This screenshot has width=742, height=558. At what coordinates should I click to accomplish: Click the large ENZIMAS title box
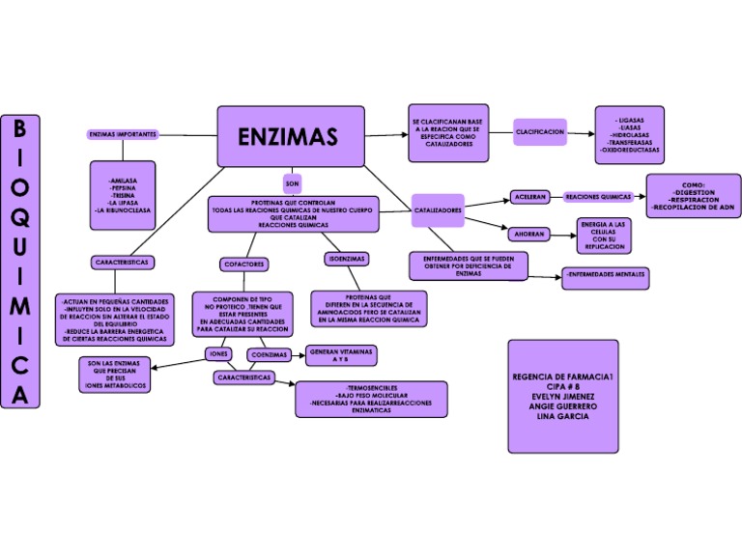[x=290, y=136]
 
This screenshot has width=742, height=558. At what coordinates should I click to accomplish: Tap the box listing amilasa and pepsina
[x=123, y=195]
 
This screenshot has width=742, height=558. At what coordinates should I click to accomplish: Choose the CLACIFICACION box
[x=539, y=131]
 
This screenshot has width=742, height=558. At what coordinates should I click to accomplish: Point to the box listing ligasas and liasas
[x=629, y=132]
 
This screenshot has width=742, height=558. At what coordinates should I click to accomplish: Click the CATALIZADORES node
[x=438, y=209]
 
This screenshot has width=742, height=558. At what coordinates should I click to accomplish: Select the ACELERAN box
[x=529, y=197]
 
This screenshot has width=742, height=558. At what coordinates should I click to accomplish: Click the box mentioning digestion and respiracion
[x=693, y=195]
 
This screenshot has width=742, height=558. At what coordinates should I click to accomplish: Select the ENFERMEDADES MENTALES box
[x=606, y=278]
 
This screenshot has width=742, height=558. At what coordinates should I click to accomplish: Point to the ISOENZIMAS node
[x=346, y=259]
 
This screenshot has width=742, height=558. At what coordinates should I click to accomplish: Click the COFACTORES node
[x=243, y=264]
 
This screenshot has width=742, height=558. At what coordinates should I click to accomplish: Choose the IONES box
[x=219, y=354]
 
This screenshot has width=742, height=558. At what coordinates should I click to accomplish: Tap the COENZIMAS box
[x=269, y=354]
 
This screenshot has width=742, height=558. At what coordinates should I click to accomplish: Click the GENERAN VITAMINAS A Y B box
[x=340, y=354]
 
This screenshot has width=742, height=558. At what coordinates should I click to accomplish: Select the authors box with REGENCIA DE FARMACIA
[x=562, y=396]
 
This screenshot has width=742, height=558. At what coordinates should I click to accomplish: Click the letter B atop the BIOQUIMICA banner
[x=20, y=129]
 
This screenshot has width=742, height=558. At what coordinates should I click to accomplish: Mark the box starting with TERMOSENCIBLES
[x=372, y=399]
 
